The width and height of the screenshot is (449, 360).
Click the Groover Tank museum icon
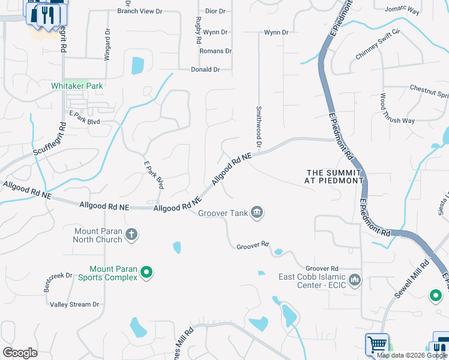[x=256, y=213]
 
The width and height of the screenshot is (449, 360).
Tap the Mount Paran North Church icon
[x=131, y=235]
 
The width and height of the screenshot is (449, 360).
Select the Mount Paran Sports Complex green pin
[x=146, y=274]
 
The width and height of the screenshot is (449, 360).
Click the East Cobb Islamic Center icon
[x=355, y=280]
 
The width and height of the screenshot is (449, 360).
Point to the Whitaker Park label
[x=77, y=86]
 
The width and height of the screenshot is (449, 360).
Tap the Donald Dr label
[x=205, y=70]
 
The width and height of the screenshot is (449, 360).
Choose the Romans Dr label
[x=216, y=51]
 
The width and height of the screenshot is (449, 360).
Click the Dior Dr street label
[x=215, y=11]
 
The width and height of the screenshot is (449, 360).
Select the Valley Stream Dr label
[x=74, y=304]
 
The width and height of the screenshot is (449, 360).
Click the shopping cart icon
[x=377, y=344]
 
